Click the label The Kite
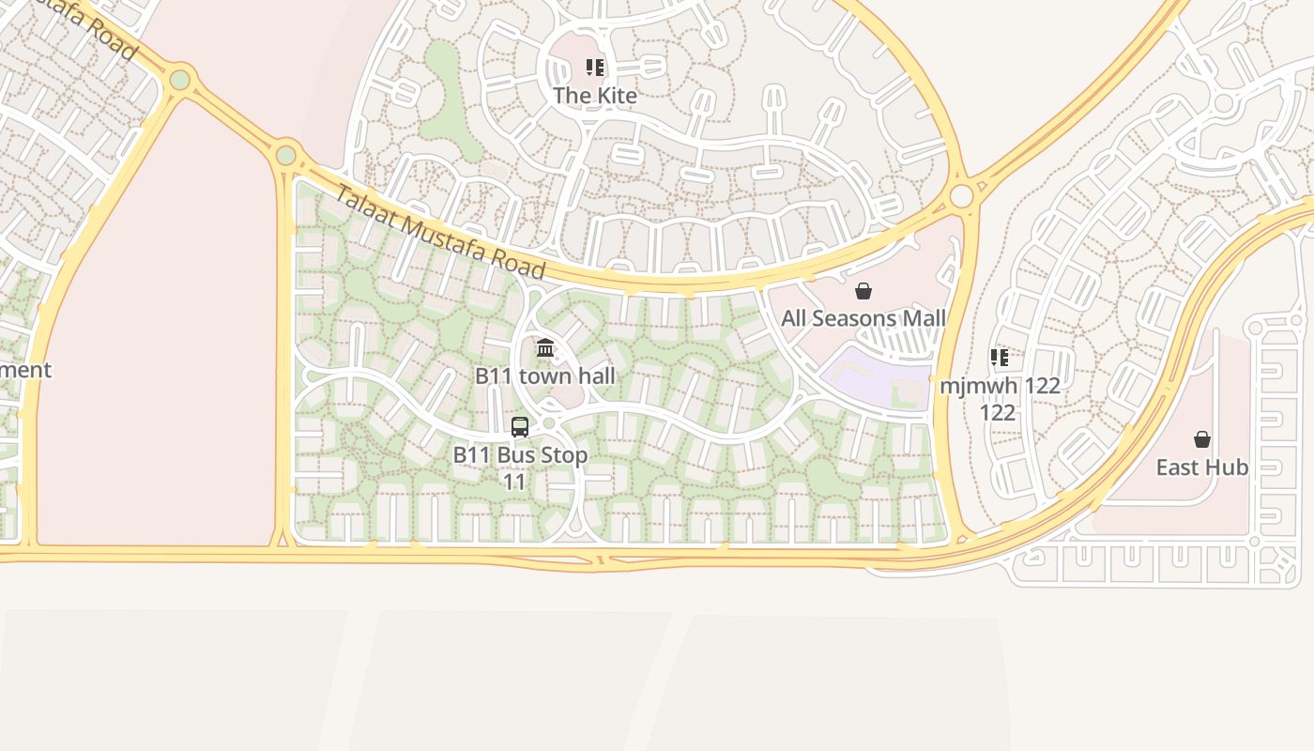click(595, 96)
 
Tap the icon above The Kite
click(595, 68)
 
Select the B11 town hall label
click(545, 376)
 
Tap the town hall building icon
click(545, 348)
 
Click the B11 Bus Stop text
click(520, 455)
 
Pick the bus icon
click(520, 427)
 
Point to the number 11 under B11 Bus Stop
click(514, 483)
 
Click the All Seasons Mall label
click(863, 318)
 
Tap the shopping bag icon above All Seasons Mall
click(863, 291)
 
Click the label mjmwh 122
click(1000, 386)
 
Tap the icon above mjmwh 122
click(1000, 358)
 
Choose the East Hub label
click(1201, 467)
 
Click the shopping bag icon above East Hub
click(1201, 439)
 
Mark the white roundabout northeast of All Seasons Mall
click(961, 196)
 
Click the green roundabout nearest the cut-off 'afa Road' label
click(179, 80)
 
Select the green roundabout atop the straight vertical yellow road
click(285, 155)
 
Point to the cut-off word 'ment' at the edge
click(25, 370)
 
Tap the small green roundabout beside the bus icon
click(549, 423)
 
